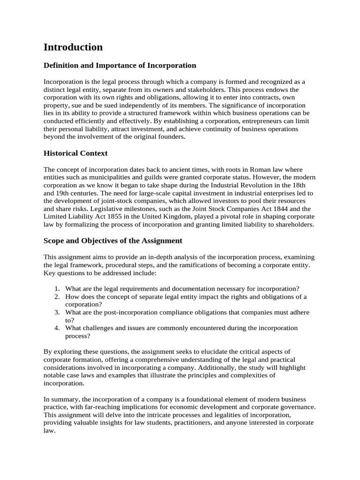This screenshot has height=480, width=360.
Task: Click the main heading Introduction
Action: [73, 47]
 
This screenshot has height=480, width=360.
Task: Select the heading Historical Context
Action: [75, 153]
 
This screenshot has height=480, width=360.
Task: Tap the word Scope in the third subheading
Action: [55, 241]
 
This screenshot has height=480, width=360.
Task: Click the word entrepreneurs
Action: [225, 121]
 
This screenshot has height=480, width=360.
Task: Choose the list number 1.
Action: [56, 289]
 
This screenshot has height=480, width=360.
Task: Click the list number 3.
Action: [56, 313]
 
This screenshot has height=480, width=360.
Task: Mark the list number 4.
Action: [56, 328]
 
